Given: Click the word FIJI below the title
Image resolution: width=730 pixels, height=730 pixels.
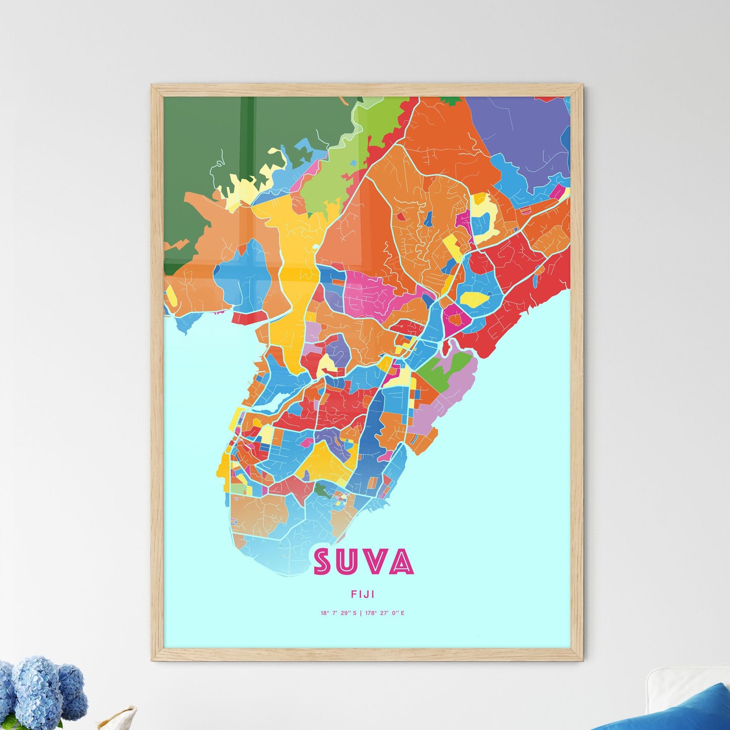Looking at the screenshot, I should [362, 595].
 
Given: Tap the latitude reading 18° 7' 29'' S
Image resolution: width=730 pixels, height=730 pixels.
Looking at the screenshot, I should [338, 613].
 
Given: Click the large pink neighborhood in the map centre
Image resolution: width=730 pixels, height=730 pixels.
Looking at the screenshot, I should [371, 293].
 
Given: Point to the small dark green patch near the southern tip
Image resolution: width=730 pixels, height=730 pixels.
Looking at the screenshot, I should [322, 489].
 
